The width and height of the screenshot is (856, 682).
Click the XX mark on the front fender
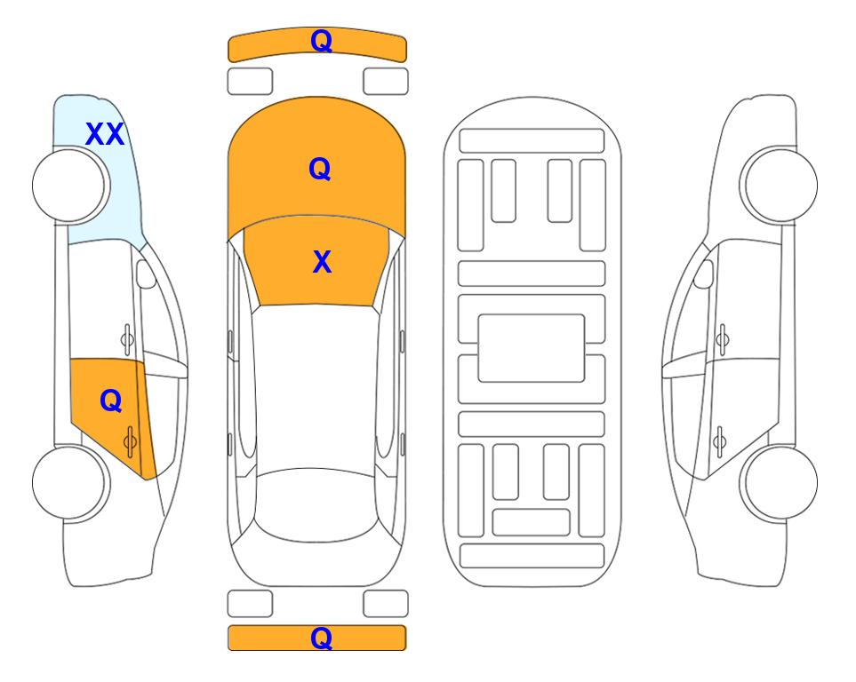(x=105, y=134)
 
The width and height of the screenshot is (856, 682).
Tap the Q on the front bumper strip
(x=321, y=40)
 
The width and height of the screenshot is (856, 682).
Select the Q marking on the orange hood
(x=320, y=169)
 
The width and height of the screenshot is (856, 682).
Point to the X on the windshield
(x=322, y=262)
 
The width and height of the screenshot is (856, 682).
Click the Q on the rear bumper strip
(x=321, y=638)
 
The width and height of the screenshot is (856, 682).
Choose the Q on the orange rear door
(x=111, y=401)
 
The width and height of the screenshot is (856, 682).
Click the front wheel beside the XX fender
(x=71, y=185)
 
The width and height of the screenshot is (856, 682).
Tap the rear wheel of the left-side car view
(x=71, y=483)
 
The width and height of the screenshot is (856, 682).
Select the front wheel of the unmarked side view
(x=779, y=185)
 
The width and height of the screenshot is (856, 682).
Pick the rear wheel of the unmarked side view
(x=779, y=483)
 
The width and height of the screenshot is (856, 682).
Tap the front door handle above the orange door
(x=127, y=339)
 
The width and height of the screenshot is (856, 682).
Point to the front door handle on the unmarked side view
(x=723, y=339)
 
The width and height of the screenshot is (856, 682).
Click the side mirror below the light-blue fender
(x=146, y=274)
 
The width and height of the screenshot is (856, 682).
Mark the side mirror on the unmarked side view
(x=704, y=274)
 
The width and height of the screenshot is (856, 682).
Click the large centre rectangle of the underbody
(x=532, y=348)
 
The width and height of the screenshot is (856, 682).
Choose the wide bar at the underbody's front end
(x=532, y=141)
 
